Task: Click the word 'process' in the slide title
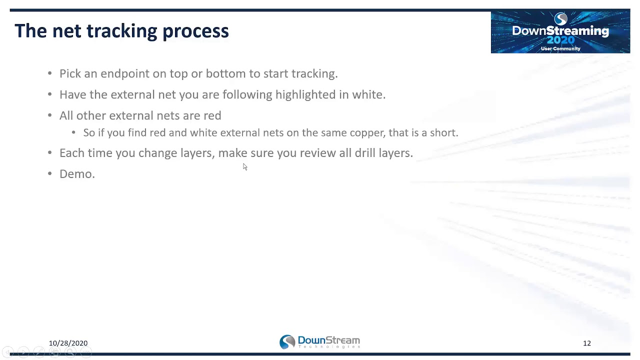point(195,31)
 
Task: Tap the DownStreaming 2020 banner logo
point(560,31)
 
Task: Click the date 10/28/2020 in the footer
point(68,343)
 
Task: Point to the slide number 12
point(586,343)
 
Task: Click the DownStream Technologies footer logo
point(319,342)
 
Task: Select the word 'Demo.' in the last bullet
point(77,174)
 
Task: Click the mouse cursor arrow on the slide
point(245,167)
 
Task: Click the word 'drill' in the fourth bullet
point(365,153)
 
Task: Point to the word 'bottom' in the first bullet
point(226,73)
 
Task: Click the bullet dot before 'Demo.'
point(49,173)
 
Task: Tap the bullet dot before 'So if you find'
point(73,132)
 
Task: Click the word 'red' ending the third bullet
point(212,115)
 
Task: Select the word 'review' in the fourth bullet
point(318,153)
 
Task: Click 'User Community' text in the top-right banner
point(560,48)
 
